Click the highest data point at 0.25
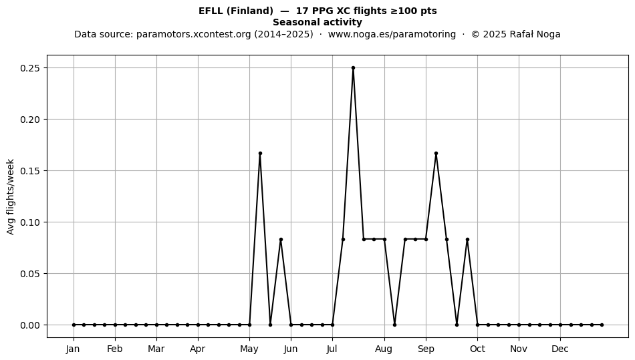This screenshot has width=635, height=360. (x=353, y=68)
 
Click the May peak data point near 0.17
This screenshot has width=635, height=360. (x=260, y=154)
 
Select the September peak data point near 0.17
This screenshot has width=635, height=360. (x=436, y=154)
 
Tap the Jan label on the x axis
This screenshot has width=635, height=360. (x=73, y=349)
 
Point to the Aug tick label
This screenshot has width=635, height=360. (x=384, y=349)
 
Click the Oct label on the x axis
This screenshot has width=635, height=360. (x=477, y=349)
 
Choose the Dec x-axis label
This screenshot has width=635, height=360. (x=561, y=349)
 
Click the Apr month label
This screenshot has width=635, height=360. (x=198, y=349)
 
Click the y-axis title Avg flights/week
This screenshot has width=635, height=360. (x=11, y=196)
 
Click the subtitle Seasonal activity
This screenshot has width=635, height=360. (x=317, y=22)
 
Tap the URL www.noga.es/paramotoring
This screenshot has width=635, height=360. (x=392, y=34)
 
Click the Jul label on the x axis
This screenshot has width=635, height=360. (x=332, y=349)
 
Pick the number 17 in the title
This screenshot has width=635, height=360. (x=301, y=11)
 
